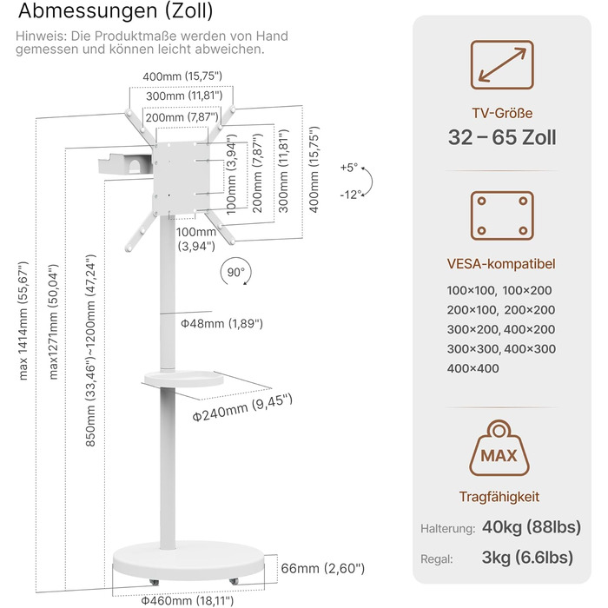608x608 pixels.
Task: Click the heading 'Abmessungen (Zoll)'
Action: (116, 10)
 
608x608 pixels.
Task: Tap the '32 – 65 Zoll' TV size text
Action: (502, 137)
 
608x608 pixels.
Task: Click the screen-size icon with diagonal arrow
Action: (502, 65)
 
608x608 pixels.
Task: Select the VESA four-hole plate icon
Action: (502, 215)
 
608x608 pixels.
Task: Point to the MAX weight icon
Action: (499, 448)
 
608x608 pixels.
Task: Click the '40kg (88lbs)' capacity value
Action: (532, 527)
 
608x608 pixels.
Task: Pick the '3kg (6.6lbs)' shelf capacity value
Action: (527, 558)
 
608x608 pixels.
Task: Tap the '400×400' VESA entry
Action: (473, 368)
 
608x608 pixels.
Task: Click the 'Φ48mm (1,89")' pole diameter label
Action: (221, 323)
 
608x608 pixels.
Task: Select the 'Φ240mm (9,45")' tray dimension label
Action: (242, 407)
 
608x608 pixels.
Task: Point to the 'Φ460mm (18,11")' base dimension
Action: (188, 601)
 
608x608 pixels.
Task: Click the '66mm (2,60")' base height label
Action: (322, 568)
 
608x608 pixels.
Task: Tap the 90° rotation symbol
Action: (236, 272)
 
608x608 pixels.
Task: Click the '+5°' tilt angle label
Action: (349, 168)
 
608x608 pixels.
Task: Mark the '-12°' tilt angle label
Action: (350, 195)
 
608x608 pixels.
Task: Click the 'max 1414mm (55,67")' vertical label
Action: (23, 321)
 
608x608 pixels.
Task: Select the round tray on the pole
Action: (184, 379)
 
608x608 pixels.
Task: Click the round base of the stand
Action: (188, 560)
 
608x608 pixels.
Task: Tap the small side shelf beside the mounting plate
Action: (125, 164)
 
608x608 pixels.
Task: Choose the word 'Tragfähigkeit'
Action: (499, 497)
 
